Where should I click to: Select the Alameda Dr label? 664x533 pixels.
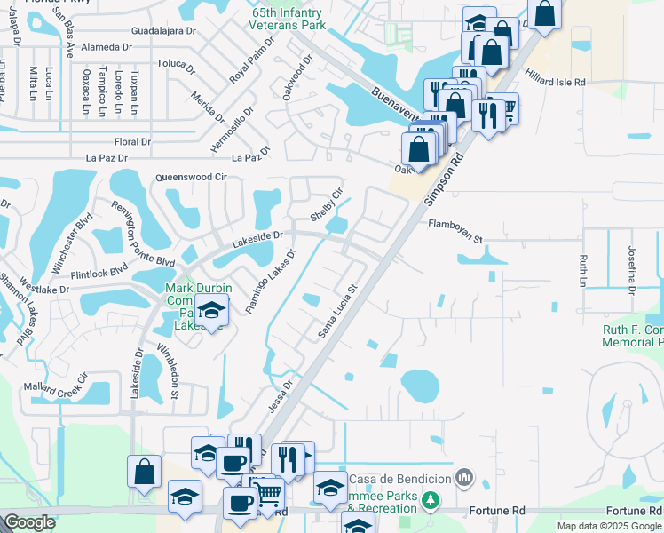coord(106,47)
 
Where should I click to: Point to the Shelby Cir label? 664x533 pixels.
coord(326,205)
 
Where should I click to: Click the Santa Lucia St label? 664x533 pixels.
coord(337,312)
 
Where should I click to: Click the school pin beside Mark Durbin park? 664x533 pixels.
coord(211,311)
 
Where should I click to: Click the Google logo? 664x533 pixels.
coord(29,522)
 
